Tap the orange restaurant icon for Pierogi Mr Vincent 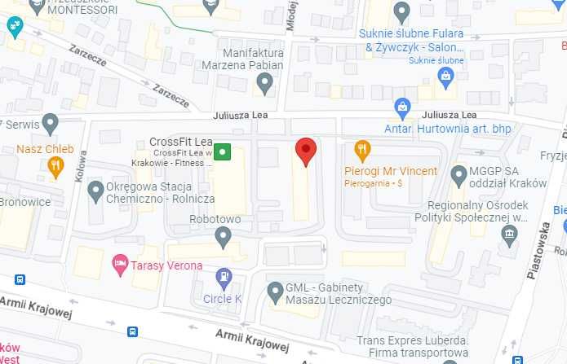(363, 150)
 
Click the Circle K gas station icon (224, 277)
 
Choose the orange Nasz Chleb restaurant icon (55, 167)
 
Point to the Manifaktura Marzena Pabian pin (264, 82)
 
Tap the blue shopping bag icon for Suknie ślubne (445, 77)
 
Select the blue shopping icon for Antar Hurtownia (402, 106)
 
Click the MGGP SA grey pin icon (458, 173)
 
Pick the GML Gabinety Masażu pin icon (276, 291)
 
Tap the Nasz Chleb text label (45, 150)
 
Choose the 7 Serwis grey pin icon (51, 124)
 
